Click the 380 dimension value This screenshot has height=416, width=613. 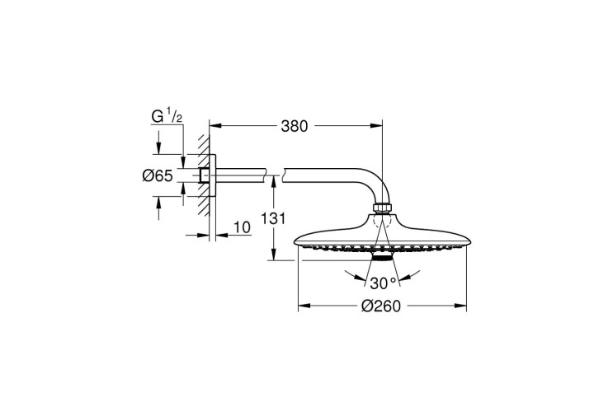click(x=295, y=126)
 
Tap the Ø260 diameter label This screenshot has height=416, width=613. click(x=381, y=306)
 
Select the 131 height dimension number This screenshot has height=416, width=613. click(x=273, y=218)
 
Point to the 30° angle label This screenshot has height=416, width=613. click(x=383, y=283)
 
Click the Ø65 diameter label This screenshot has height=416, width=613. click(x=158, y=176)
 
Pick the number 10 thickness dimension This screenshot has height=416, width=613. click(x=243, y=227)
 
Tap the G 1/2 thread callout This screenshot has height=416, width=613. click(x=167, y=116)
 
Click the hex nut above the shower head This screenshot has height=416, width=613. click(x=383, y=208)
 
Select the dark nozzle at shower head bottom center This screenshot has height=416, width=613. click(x=382, y=257)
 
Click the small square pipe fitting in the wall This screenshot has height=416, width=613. click(x=204, y=175)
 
